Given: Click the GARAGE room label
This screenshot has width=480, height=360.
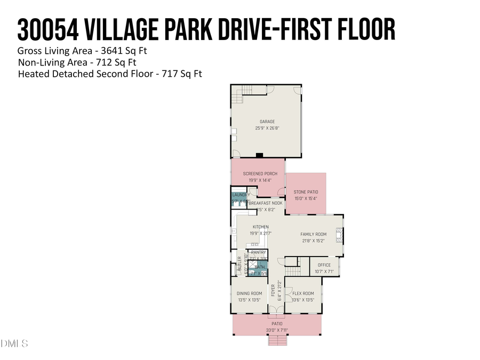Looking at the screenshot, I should click(267, 122).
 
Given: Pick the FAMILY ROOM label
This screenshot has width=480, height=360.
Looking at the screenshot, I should click(313, 234).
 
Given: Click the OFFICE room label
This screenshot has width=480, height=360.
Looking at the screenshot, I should click(324, 265).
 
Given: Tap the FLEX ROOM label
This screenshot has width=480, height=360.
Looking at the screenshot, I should click(303, 293).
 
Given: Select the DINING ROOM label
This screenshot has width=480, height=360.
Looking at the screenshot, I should click(249, 293).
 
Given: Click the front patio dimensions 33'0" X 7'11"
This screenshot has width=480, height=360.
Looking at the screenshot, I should click(277, 330).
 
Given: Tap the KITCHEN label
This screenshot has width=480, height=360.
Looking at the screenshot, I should click(260, 227).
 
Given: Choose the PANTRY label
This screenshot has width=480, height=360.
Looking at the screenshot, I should click(258, 252).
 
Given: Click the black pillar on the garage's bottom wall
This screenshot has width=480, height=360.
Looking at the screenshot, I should click(260, 155).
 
